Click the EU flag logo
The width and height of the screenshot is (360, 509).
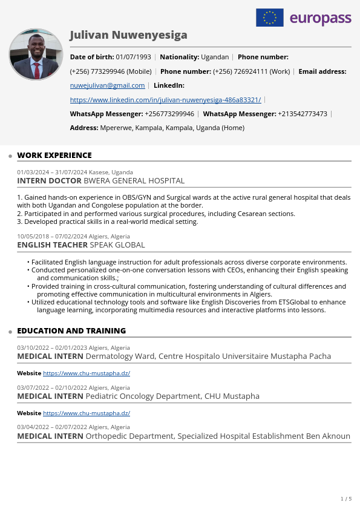click(270, 18)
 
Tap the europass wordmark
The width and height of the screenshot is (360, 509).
click(320, 18)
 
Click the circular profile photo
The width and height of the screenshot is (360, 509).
click(36, 54)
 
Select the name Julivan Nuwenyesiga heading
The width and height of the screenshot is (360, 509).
click(128, 35)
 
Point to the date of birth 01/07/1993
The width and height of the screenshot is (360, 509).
click(133, 57)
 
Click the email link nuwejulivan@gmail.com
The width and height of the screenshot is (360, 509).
click(108, 85)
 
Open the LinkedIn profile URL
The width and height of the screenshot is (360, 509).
click(165, 100)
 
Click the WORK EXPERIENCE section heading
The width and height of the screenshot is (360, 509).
click(54, 156)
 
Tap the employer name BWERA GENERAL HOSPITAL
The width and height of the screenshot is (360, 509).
click(134, 181)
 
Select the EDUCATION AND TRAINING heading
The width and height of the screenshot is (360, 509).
click(71, 331)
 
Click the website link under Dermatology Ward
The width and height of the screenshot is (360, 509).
click(87, 373)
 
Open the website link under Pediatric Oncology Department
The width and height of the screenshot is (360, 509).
click(87, 413)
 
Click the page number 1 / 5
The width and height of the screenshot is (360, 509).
click(345, 499)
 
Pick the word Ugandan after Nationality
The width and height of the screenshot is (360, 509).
click(215, 57)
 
